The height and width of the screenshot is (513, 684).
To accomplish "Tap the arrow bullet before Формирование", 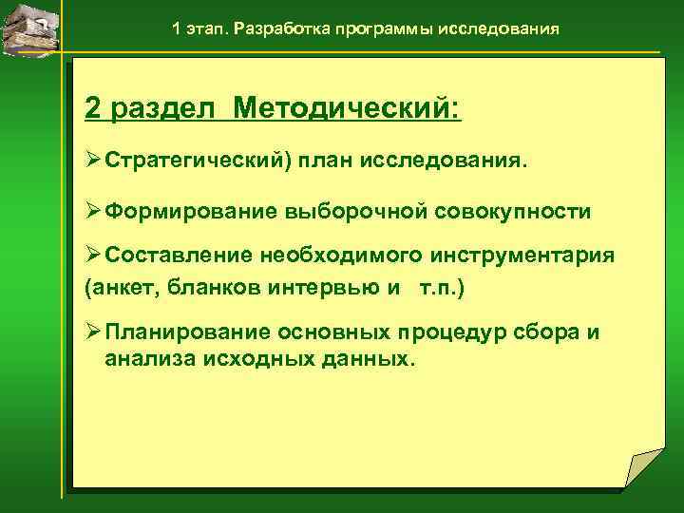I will (x=93, y=211).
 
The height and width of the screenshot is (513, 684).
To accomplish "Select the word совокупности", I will (x=513, y=212).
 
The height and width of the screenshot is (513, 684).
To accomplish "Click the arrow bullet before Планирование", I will (x=93, y=332).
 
